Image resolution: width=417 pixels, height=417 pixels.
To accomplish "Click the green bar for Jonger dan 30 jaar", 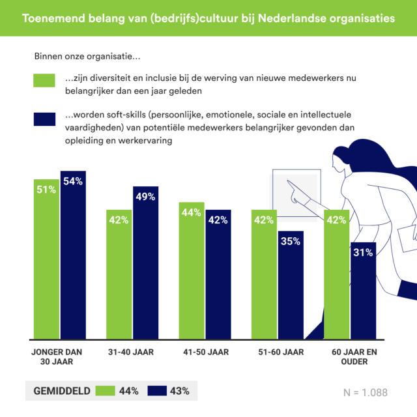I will pyautogui.click(x=47, y=261).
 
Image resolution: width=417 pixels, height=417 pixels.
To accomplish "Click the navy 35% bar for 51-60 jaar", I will pyautogui.click(x=291, y=287).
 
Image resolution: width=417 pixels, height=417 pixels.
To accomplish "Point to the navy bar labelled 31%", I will pyautogui.click(x=362, y=293).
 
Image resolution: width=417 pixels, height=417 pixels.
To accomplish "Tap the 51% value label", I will pyautogui.click(x=47, y=190).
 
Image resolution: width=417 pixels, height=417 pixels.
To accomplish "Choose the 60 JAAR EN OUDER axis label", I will pyautogui.click(x=349, y=357).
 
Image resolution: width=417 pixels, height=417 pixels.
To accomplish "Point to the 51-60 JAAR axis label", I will pyautogui.click(x=277, y=352).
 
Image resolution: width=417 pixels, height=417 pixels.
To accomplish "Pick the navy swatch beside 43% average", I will pyautogui.click(x=157, y=391).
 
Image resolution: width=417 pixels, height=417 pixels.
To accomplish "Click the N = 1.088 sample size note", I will pyautogui.click(x=365, y=392).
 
